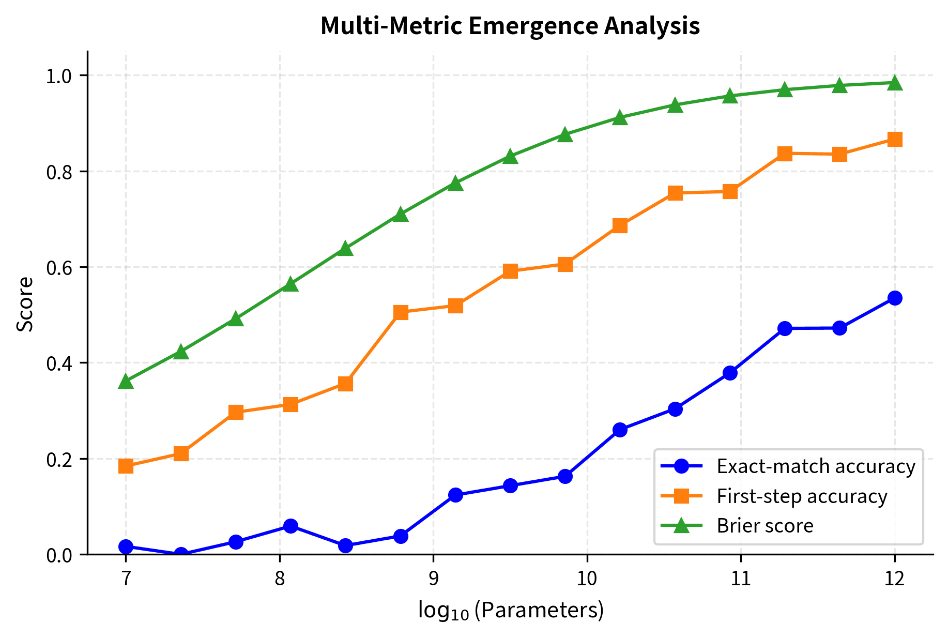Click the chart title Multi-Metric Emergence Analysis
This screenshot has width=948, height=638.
click(x=510, y=26)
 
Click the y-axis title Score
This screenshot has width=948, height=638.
click(x=25, y=303)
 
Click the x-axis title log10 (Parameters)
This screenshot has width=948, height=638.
click(x=511, y=611)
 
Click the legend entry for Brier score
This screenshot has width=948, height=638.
click(x=764, y=526)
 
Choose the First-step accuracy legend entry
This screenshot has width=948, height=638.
click(x=801, y=496)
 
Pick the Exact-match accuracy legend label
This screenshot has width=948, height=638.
click(x=815, y=466)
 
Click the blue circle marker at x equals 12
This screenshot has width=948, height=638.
click(x=895, y=298)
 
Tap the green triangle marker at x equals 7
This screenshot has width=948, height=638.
click(x=126, y=382)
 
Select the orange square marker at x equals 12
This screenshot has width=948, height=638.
click(x=895, y=140)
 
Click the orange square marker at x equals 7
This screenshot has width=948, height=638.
click(x=126, y=466)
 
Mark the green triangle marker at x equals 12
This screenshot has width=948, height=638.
click(x=895, y=83)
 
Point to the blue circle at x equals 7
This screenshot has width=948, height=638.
click(x=126, y=546)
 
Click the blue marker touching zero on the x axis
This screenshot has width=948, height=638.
click(x=181, y=554)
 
